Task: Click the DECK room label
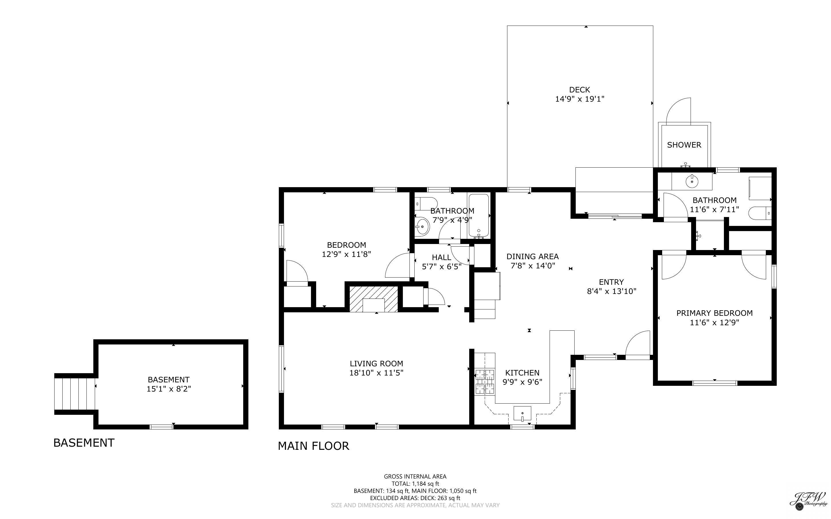pyautogui.click(x=579, y=90)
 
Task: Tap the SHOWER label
pyautogui.click(x=684, y=145)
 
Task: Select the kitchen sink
pyautogui.click(x=522, y=413)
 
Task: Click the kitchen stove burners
pyautogui.click(x=485, y=381)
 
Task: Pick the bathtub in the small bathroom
pyautogui.click(x=478, y=216)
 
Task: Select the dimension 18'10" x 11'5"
pyautogui.click(x=376, y=373)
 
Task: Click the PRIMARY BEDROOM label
pyautogui.click(x=714, y=313)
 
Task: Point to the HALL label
pyautogui.click(x=441, y=257)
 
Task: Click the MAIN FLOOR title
pyautogui.click(x=313, y=446)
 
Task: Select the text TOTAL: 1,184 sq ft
pyautogui.click(x=415, y=484)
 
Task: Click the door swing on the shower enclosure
pyautogui.click(x=678, y=111)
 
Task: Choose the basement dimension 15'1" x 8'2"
pyautogui.click(x=169, y=389)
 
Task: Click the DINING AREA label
pyautogui.click(x=532, y=256)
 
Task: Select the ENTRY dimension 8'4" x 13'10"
pyautogui.click(x=611, y=291)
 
